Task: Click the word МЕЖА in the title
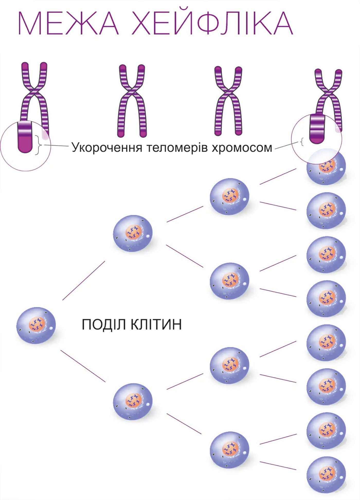click(x=68, y=23)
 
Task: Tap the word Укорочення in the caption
click(x=107, y=148)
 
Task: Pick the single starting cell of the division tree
click(x=36, y=325)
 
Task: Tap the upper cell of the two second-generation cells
click(x=133, y=233)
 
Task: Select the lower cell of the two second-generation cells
click(x=133, y=402)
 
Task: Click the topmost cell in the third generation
click(x=229, y=197)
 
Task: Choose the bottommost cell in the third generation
click(x=229, y=450)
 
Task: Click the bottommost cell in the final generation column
click(x=326, y=474)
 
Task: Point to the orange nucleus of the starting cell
click(x=37, y=324)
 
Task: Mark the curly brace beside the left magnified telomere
click(x=38, y=145)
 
